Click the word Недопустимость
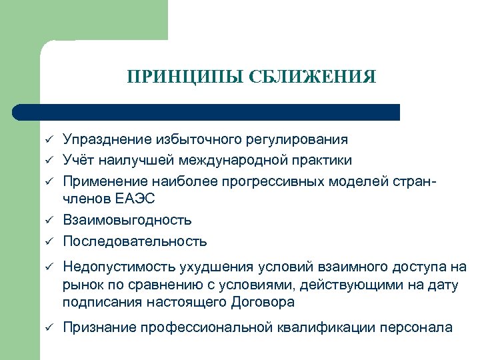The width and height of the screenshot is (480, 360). click(x=119, y=267)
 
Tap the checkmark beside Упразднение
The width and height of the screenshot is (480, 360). click(x=49, y=139)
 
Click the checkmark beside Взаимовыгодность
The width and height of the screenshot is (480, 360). click(x=49, y=220)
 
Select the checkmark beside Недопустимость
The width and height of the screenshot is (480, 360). click(x=49, y=267)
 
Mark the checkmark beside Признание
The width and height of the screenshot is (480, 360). click(x=49, y=327)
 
